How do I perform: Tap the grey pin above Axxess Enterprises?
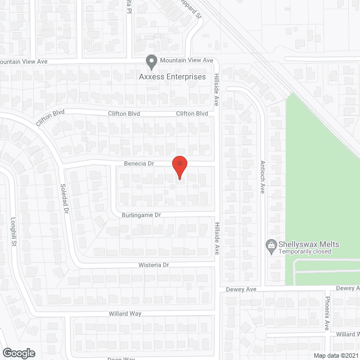coord(151,61)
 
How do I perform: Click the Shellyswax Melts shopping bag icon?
coord(271,245)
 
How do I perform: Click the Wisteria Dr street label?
coord(155,264)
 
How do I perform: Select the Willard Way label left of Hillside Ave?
coord(125,313)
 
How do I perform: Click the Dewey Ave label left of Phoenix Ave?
coord(242,289)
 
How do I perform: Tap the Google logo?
coord(18,353)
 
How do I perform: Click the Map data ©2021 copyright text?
coord(335,355)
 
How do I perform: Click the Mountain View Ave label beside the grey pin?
coord(186,60)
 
